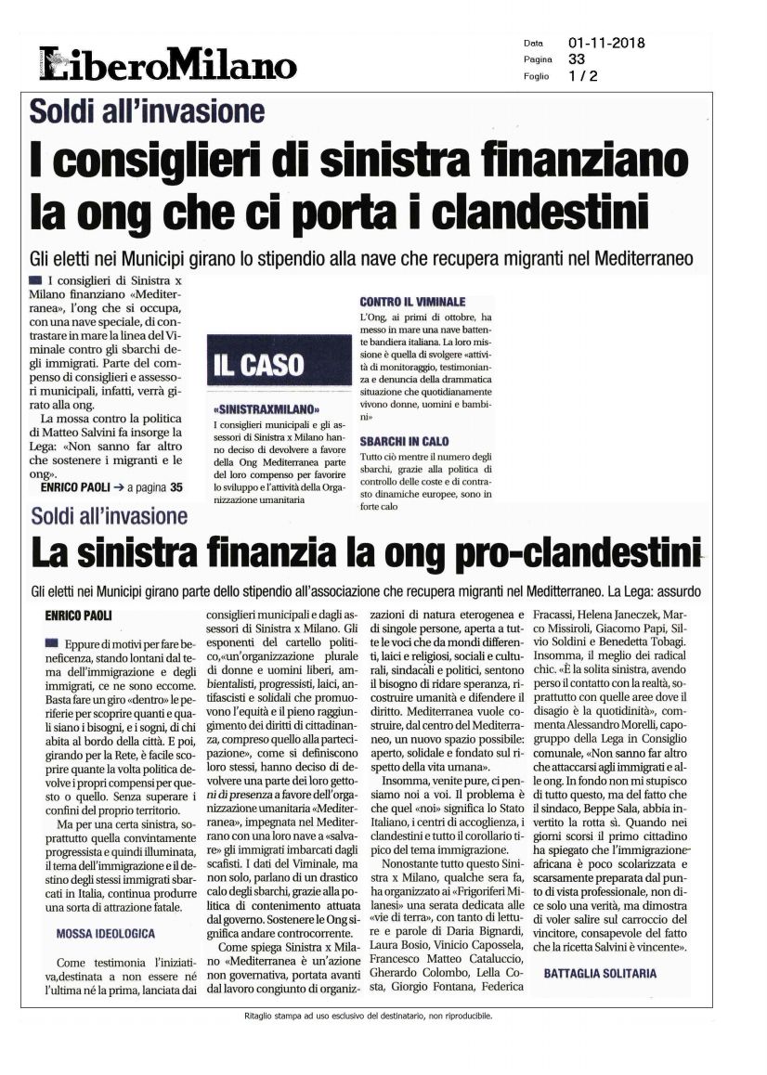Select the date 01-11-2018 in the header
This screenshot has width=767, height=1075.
[606, 43]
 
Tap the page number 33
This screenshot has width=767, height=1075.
[577, 59]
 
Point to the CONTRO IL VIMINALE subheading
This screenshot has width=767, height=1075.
[412, 303]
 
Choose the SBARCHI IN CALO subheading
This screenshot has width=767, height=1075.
[406, 442]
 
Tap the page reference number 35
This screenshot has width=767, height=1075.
[176, 486]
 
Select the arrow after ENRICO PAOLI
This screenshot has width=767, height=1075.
[118, 486]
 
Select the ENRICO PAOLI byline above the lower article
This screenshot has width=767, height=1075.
[83, 615]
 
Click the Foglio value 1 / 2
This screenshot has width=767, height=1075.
[583, 76]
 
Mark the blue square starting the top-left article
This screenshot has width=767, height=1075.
[34, 279]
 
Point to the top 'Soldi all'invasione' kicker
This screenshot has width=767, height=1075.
[147, 112]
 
